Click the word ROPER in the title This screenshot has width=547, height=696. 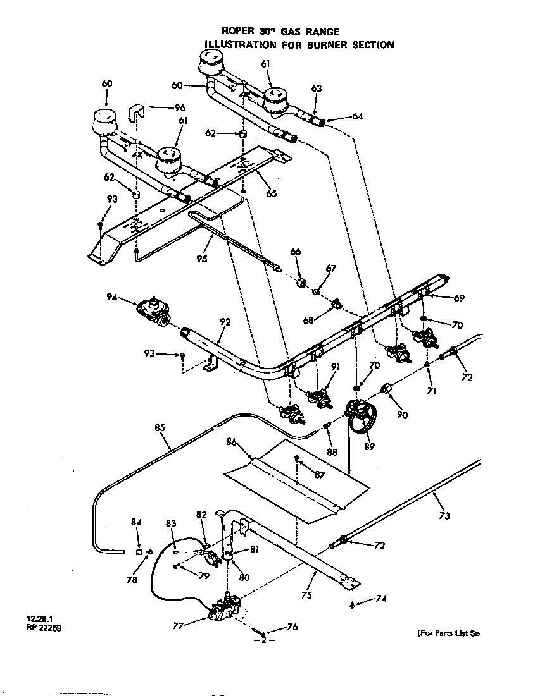(236, 32)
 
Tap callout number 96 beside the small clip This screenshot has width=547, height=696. (180, 107)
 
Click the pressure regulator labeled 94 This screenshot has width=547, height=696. (153, 311)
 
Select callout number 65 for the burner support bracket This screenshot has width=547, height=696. (271, 193)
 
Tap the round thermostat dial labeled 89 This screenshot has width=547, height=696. (360, 418)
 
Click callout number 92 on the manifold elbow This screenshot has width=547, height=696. (226, 321)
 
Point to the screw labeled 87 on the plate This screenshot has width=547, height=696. (296, 457)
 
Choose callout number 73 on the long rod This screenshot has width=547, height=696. (444, 516)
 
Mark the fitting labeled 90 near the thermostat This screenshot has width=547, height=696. (386, 388)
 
